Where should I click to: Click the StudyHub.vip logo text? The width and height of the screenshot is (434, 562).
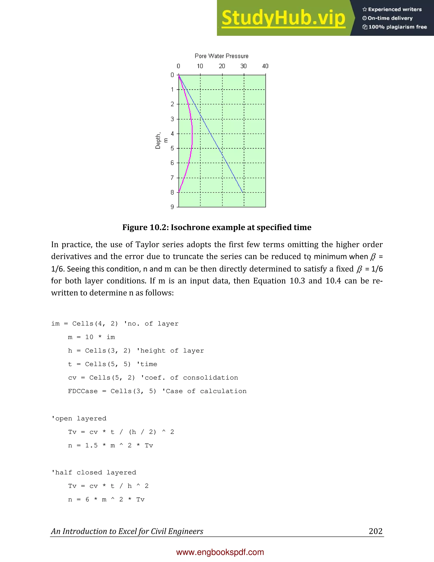point(283,18)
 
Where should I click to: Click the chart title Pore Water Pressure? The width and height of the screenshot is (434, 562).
point(221,56)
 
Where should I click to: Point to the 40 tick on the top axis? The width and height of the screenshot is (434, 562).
point(265,66)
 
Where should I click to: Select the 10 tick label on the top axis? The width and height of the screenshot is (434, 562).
point(200,66)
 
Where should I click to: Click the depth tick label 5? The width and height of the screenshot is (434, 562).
point(172,148)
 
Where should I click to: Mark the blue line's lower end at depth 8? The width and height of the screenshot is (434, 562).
point(242,192)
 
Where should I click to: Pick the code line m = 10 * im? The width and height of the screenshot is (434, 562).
point(91,337)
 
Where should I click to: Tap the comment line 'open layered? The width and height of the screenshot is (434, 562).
point(79,418)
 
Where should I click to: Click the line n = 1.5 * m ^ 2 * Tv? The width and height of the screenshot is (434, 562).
point(111,445)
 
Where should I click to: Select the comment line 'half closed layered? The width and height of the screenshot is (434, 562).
point(94,473)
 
